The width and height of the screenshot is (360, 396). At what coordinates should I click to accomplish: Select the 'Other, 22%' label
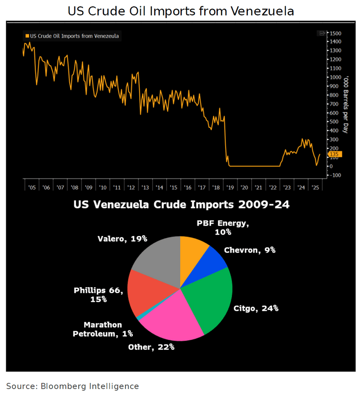pos(151,347)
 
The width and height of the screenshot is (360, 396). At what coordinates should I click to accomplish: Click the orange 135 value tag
pos(335,155)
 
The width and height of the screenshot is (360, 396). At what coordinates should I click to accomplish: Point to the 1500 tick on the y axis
pos(336,33)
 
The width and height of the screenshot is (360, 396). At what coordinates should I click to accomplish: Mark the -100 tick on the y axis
pos(335,175)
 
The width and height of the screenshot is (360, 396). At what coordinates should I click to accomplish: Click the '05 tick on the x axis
pos(32,187)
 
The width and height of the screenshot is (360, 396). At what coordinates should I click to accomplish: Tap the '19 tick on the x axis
pos(230,187)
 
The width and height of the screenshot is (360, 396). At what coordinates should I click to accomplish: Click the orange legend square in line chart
pos(27,36)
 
